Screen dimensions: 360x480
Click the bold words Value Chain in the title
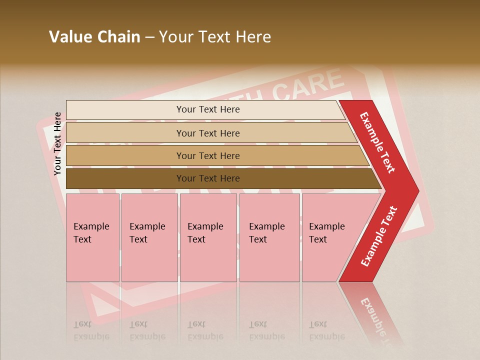pos(94,37)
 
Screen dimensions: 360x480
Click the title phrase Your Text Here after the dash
pos(214,37)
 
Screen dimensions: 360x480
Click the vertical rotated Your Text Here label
pos(57,143)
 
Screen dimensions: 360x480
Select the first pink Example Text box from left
pos(92,237)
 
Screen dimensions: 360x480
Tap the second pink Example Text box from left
pos(149,237)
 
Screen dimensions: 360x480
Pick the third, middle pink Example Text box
pos(207,237)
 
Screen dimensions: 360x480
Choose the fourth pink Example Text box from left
pos(269,237)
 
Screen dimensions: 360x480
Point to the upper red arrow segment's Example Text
pos(377,142)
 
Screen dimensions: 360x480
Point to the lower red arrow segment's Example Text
pos(379,236)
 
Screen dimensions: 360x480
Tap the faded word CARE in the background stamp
pos(309,86)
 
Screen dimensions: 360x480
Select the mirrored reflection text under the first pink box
pos(91,330)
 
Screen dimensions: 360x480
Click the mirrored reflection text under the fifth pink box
pos(327,330)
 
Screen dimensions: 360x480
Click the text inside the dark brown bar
pos(208,178)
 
